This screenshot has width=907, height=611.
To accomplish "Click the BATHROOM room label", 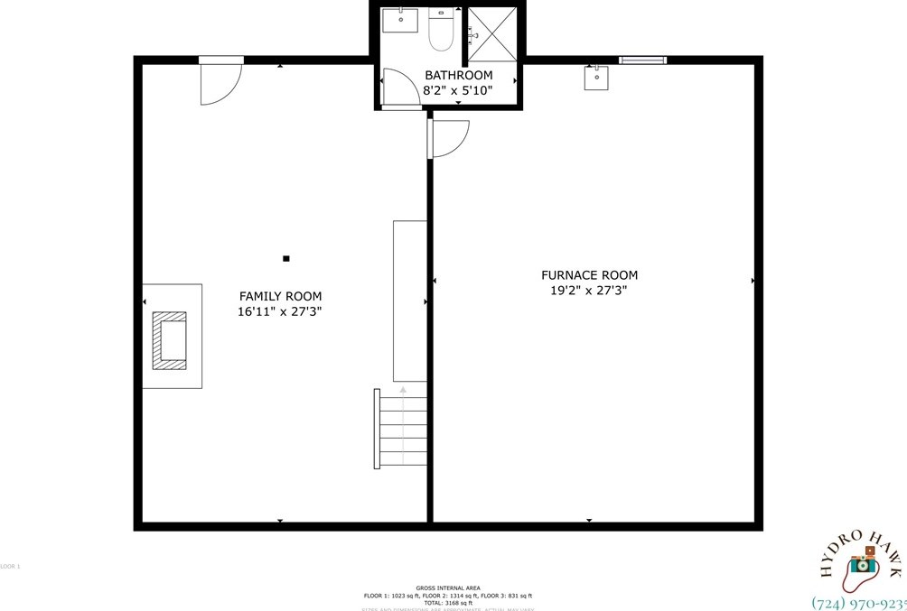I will coord(458,75).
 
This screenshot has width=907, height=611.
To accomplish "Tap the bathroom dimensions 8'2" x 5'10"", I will coord(458,90).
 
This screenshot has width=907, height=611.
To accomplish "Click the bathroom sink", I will coord(399,21).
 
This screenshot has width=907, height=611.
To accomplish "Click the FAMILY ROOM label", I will coord(280,296).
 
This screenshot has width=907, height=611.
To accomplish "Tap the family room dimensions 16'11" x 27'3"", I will coord(280,312).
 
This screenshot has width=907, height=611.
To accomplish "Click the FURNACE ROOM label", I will coord(589,275).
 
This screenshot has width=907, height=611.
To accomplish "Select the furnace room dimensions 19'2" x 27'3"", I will coord(589,291).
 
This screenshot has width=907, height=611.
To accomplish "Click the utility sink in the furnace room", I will coord(596,79).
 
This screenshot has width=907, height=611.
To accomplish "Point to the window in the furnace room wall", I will coord(642,60).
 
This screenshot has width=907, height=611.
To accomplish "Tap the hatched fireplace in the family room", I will coord(169,340).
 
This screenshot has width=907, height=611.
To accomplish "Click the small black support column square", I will coord(286,259).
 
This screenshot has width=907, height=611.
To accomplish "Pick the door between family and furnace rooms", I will coord(448,137).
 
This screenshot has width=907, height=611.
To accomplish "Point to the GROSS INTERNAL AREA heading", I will coord(447,588).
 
